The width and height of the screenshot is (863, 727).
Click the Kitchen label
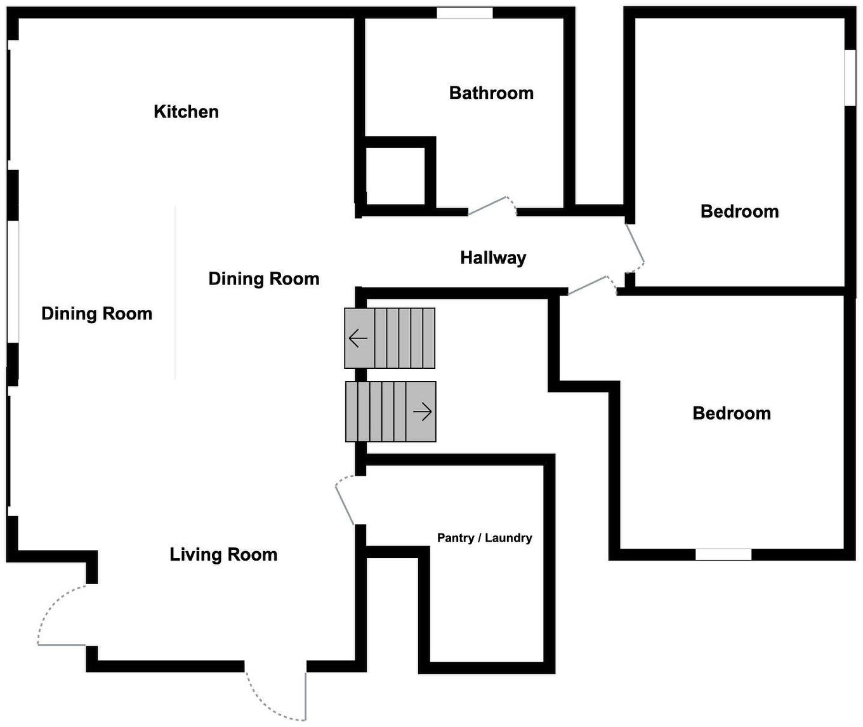pyautogui.click(x=186, y=112)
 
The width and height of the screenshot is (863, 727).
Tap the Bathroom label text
pyautogui.click(x=491, y=93)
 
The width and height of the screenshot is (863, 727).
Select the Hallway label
pyautogui.click(x=493, y=258)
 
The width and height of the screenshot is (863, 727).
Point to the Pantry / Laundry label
pyautogui.click(x=484, y=538)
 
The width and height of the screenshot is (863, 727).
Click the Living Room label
pyautogui.click(x=223, y=554)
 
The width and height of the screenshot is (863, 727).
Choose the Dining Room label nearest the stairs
pyautogui.click(x=263, y=279)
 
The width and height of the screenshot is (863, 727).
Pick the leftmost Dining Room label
pyautogui.click(x=96, y=314)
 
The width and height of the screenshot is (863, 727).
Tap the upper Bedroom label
pyautogui.click(x=739, y=211)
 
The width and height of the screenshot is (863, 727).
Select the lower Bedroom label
pyautogui.click(x=732, y=413)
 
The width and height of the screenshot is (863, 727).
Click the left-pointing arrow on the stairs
pyautogui.click(x=358, y=338)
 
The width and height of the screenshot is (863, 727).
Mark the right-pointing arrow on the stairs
pyautogui.click(x=423, y=411)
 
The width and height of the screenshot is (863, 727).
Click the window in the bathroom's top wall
pyautogui.click(x=464, y=13)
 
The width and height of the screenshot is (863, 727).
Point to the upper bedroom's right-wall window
pyautogui.click(x=850, y=77)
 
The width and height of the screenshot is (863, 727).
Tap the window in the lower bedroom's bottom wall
pyautogui.click(x=723, y=554)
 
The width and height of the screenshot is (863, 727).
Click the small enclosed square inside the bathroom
pyautogui.click(x=395, y=177)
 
